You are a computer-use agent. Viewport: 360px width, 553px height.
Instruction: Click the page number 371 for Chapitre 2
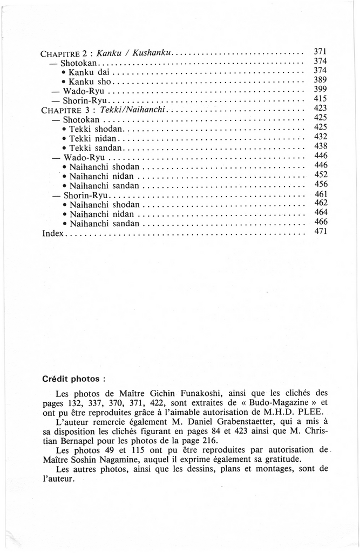[x=321, y=51]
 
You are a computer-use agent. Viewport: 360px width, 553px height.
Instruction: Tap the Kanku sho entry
[x=90, y=80]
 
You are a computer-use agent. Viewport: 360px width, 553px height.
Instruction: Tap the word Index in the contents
[x=53, y=234]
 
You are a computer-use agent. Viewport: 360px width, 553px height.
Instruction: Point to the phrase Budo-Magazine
[x=284, y=403]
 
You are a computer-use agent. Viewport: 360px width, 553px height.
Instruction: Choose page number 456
[x=321, y=184]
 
